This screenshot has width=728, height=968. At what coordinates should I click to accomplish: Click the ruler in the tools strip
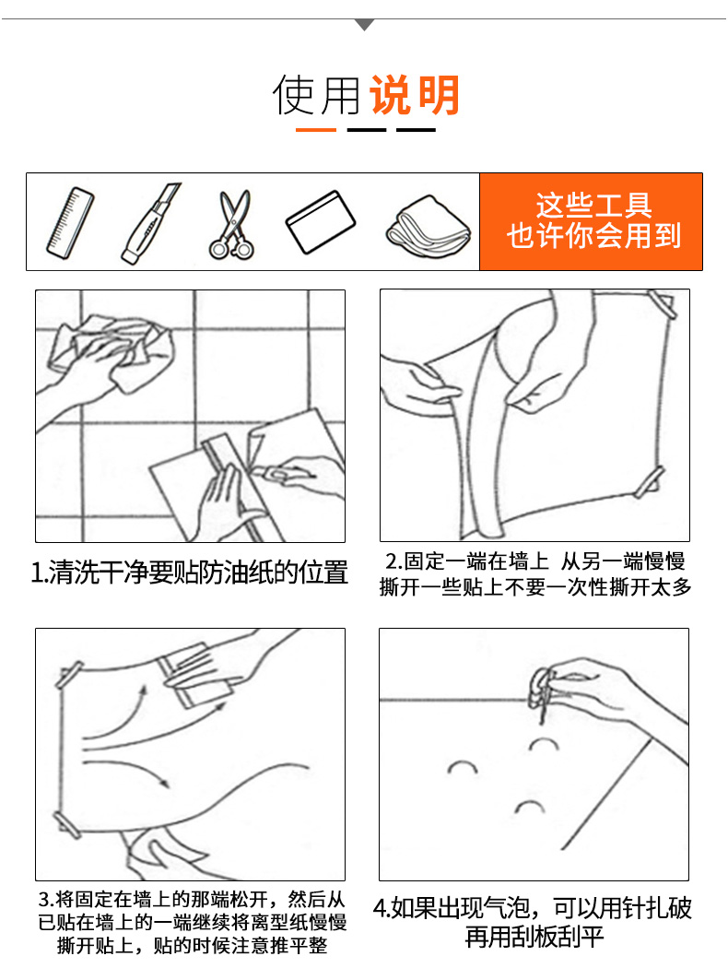(x=70, y=223)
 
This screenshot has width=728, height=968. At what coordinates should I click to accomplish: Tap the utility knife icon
(x=150, y=223)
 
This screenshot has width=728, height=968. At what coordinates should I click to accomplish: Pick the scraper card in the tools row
(x=320, y=222)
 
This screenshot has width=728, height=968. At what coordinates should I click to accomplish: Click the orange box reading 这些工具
(x=591, y=221)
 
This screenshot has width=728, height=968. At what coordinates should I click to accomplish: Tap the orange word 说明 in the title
(x=415, y=95)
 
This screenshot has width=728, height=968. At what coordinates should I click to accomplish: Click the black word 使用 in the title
(x=316, y=95)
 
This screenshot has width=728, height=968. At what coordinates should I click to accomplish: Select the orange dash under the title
(x=316, y=130)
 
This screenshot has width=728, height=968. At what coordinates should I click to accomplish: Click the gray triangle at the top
(x=365, y=24)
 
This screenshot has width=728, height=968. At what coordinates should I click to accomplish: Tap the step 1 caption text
(x=190, y=573)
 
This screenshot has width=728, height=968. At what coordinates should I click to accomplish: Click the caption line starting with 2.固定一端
(x=535, y=561)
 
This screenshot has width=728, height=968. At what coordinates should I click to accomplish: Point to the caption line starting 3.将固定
(x=192, y=898)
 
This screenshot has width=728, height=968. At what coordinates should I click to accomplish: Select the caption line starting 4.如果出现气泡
(x=533, y=908)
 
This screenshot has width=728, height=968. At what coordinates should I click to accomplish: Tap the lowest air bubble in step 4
(x=529, y=807)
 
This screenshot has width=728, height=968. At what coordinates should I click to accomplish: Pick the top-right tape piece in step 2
(x=662, y=304)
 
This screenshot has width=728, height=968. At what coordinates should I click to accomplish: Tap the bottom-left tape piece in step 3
(x=66, y=825)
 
